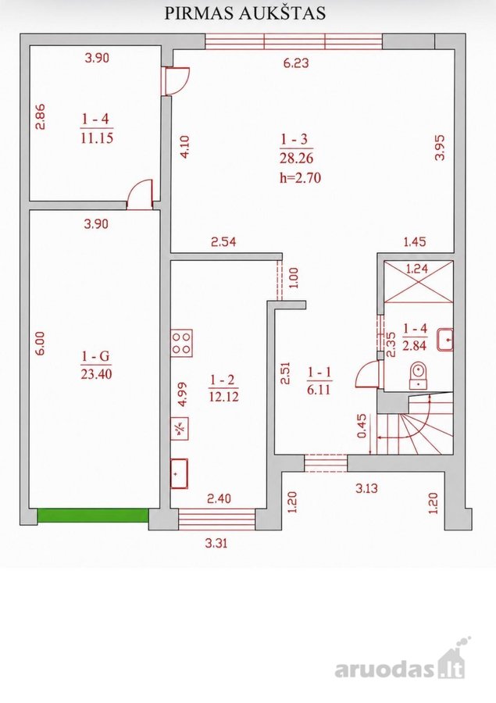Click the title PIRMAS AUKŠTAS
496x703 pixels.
coord(244,13)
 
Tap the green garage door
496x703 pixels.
coord(93,516)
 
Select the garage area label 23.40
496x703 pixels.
coord(96,373)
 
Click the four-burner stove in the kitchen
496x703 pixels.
coord(182,344)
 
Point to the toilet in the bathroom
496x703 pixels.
coord(419,375)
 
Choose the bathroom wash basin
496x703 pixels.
coord(445,340)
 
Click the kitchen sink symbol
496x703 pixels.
coord(180,473)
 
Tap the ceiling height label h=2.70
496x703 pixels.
coord(300,178)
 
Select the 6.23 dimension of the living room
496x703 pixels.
coord(296,62)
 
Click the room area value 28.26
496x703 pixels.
coord(297,159)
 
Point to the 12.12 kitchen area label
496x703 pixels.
coord(223,396)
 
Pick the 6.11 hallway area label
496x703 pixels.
coord(319,390)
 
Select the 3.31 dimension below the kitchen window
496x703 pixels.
coord(216,544)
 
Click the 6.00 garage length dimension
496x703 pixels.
coord(41,344)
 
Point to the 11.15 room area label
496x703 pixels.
coord(97,138)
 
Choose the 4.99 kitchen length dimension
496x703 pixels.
coord(183,394)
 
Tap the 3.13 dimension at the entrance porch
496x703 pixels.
coord(367,488)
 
